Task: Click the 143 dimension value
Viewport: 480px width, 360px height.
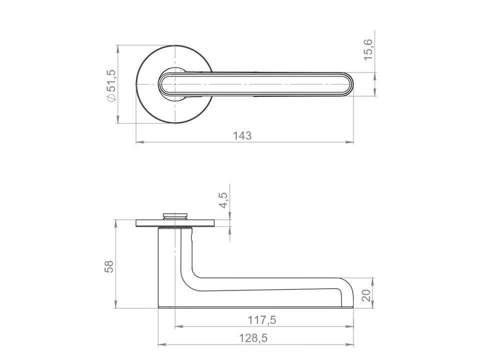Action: click(242, 135)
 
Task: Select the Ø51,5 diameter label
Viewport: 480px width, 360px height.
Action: click(111, 85)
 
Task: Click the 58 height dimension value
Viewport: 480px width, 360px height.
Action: click(109, 266)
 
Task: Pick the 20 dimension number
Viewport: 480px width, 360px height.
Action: click(366, 295)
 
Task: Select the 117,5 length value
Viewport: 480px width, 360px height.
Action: click(261, 320)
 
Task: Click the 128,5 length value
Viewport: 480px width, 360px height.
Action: click(253, 338)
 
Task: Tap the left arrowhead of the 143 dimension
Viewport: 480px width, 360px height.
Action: click(140, 142)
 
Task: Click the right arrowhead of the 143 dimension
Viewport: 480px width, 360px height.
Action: click(349, 142)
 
